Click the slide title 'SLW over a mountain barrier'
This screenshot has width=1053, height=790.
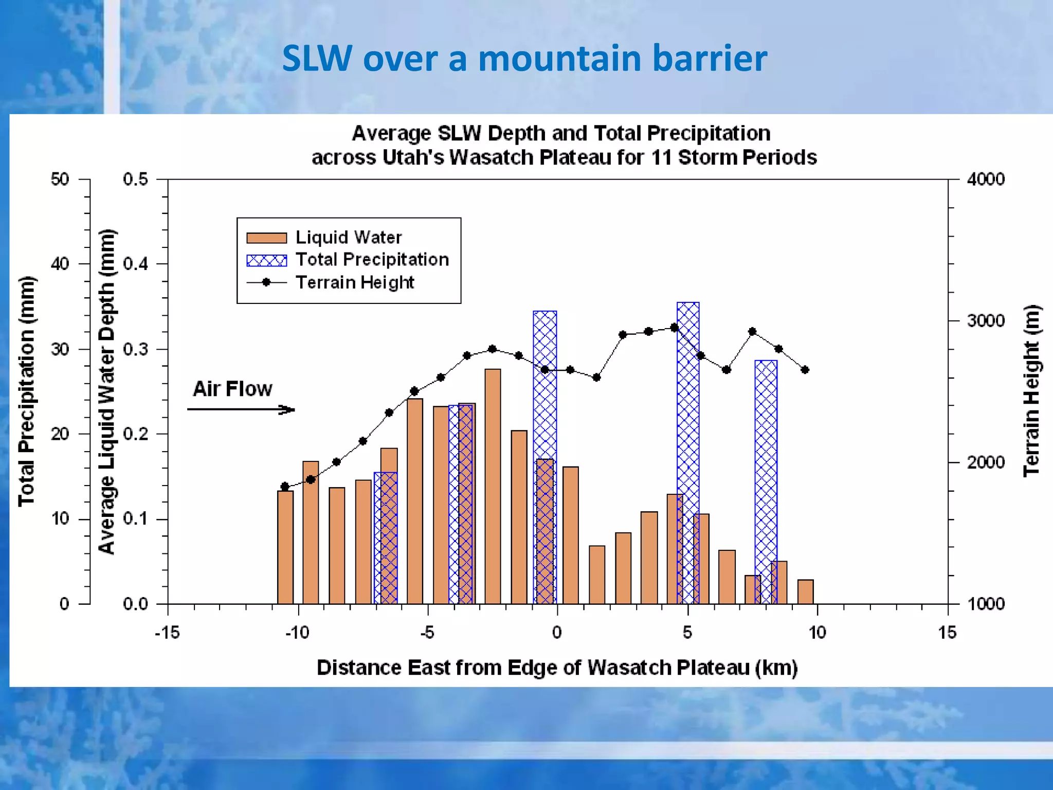coord(524,58)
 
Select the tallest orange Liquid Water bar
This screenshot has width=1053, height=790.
coord(493,486)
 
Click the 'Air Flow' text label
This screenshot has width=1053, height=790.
coord(232,389)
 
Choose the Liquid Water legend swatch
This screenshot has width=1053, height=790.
coord(266,238)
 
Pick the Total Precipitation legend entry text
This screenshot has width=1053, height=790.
coord(372,260)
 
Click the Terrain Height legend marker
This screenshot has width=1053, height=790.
coord(266,282)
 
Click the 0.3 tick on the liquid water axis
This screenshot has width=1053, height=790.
coord(136,349)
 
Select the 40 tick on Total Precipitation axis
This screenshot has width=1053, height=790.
coord(60,264)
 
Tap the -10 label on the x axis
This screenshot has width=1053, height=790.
coord(297,632)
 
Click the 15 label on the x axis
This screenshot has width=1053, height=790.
coord(947,632)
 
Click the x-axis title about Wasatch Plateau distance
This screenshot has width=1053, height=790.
coord(557,668)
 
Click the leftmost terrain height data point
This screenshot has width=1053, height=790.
coord(285,487)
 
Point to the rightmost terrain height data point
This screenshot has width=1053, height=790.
coord(805,370)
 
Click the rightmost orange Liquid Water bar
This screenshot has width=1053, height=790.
coord(805,591)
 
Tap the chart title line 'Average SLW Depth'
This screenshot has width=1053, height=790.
coord(560,133)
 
